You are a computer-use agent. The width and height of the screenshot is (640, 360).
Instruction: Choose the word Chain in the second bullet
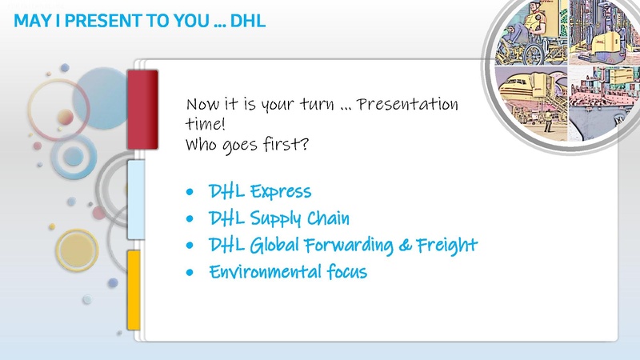pyautogui.click(x=328, y=218)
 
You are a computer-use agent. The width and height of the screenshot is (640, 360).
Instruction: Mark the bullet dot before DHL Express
pyautogui.click(x=189, y=194)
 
